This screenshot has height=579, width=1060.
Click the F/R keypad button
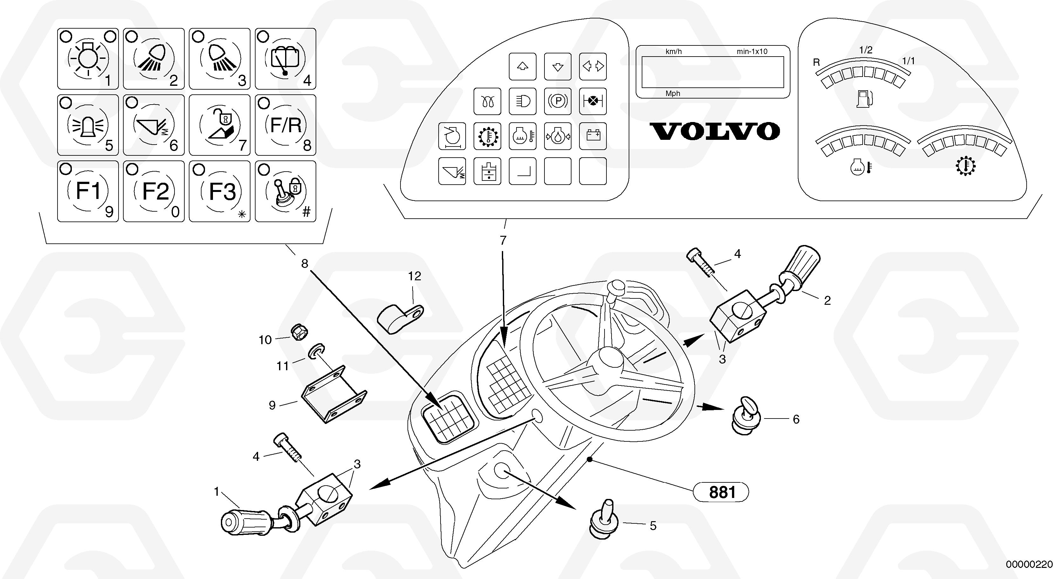tap(285, 125)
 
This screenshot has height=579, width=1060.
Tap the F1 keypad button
tap(88, 191)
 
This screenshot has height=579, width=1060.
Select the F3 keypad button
tap(220, 191)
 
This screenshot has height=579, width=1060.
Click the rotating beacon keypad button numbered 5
tap(88, 125)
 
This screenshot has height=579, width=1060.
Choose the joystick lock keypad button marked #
tap(285, 191)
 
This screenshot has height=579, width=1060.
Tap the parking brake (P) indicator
tap(557, 101)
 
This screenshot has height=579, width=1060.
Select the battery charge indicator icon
tap(592, 135)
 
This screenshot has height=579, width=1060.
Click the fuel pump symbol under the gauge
tap(864, 99)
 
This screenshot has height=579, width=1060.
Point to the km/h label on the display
tap(674, 52)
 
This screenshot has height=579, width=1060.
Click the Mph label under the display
tap(673, 93)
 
